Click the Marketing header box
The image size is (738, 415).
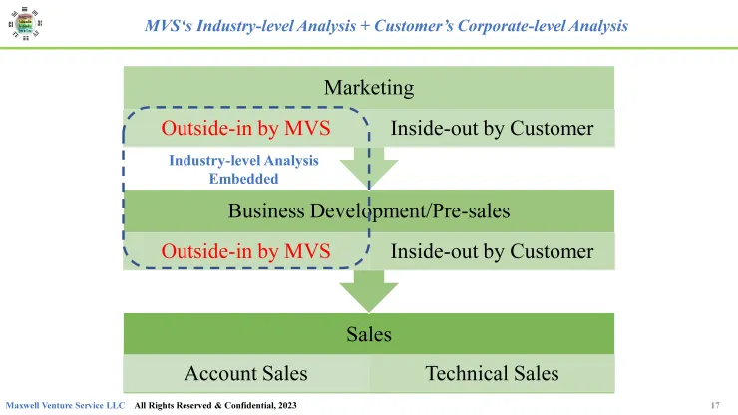click(x=369, y=87)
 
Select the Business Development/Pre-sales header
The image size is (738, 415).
click(x=369, y=210)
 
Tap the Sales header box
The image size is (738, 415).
click(x=369, y=334)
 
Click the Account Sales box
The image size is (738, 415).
click(x=245, y=374)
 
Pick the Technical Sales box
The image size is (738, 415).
click(x=492, y=374)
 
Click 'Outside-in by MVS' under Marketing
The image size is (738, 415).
click(x=245, y=128)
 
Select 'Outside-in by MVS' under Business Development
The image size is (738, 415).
click(x=245, y=251)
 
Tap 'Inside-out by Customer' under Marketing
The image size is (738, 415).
click(x=492, y=128)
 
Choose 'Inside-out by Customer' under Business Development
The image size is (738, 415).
click(x=492, y=251)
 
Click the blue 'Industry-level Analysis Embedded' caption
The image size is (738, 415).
click(x=243, y=170)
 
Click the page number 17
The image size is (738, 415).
click(x=715, y=405)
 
